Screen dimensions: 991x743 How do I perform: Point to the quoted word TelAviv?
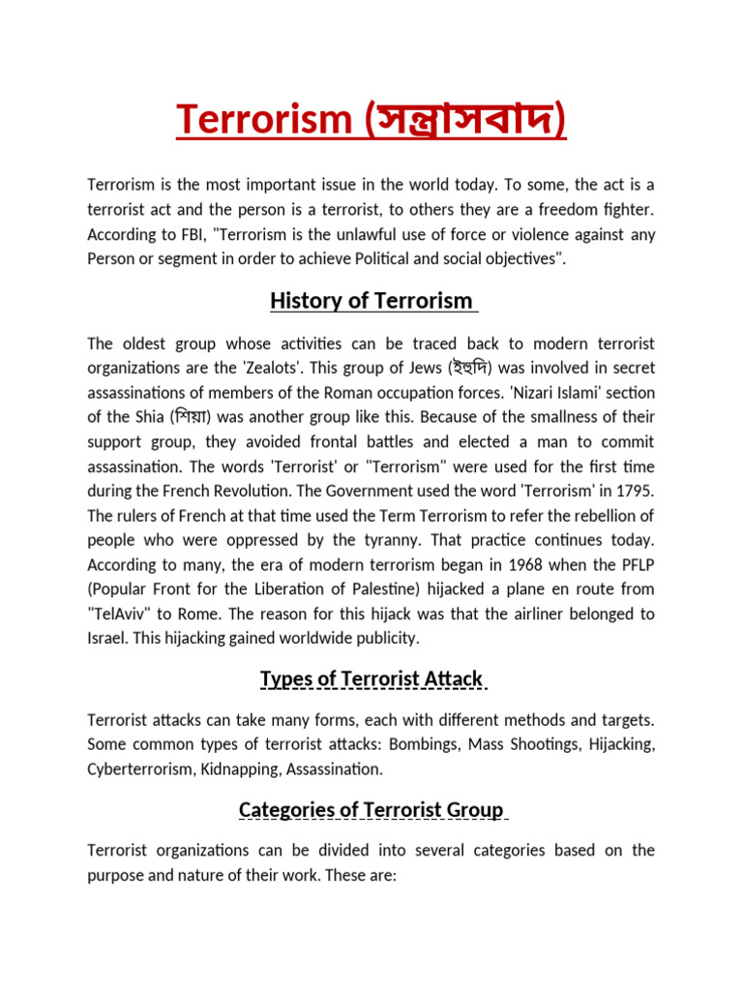click(x=121, y=614)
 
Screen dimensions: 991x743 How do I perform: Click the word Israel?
click(x=109, y=638)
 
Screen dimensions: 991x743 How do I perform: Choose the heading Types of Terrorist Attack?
click(x=371, y=679)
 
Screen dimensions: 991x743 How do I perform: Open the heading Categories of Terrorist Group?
click(x=371, y=809)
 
